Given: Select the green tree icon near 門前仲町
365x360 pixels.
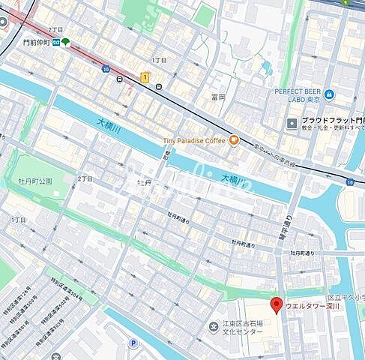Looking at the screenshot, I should pos(66,42).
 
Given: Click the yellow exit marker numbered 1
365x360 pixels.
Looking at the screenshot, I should pos(145,76).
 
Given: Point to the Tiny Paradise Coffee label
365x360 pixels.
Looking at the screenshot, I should pos(193,140).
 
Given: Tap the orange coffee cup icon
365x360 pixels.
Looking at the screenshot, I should pos(233,139).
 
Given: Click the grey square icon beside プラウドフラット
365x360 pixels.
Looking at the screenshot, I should pos(292,123).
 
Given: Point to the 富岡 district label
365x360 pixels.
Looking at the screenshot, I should pos(218,97).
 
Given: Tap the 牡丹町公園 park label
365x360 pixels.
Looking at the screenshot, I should pos(34,181).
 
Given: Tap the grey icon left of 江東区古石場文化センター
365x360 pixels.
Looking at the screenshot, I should pos(211,328).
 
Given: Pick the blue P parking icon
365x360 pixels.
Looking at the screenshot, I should pos(133,342).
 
